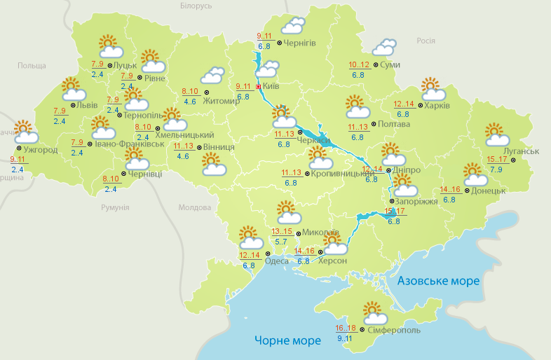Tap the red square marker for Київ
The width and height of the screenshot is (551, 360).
(259, 87)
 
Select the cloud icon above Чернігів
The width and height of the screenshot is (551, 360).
(293, 26)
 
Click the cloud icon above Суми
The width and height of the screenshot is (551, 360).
(383, 48)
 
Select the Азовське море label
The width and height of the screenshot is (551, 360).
(438, 281)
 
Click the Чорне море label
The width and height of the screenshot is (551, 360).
(287, 340)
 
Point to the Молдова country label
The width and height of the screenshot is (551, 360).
(194, 208)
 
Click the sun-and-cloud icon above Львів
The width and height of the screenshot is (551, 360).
(73, 89)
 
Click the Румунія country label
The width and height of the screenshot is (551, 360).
(115, 208)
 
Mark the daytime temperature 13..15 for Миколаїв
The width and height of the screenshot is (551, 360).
(282, 232)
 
